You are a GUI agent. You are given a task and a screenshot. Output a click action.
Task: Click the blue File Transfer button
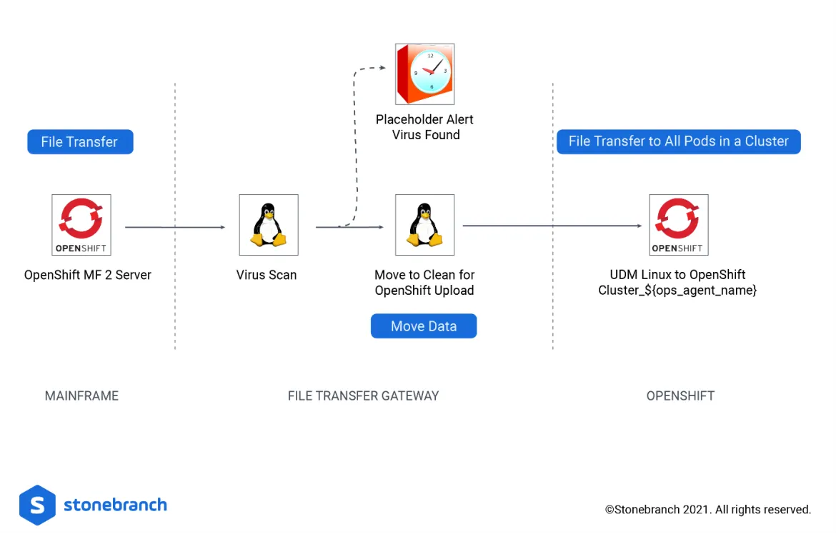click(x=80, y=141)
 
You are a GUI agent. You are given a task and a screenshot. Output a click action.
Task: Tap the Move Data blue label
click(x=423, y=326)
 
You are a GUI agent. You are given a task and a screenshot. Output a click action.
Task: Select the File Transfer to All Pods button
click(x=678, y=141)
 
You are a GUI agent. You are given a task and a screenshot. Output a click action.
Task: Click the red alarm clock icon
click(x=424, y=74)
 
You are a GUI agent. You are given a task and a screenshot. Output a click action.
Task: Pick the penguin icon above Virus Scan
click(x=268, y=225)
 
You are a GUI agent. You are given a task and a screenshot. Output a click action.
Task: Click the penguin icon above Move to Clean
click(x=424, y=225)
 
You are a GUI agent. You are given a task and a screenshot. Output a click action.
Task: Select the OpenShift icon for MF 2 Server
click(x=81, y=225)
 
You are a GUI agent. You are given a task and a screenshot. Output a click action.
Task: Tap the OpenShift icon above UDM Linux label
click(x=678, y=225)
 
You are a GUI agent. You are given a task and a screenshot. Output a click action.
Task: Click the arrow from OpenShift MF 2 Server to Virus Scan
click(x=174, y=228)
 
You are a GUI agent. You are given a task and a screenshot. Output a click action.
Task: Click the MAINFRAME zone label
click(x=81, y=396)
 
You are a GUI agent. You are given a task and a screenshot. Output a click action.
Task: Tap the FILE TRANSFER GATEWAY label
click(x=363, y=396)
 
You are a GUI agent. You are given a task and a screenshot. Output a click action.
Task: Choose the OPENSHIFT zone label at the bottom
click(x=680, y=396)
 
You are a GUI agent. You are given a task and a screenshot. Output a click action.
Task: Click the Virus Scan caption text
click(x=267, y=275)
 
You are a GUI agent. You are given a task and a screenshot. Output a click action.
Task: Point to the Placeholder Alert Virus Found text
click(x=425, y=127)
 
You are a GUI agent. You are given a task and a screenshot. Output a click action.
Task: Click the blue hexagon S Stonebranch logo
click(x=37, y=505)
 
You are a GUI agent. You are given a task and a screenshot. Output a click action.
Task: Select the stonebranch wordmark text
click(x=115, y=505)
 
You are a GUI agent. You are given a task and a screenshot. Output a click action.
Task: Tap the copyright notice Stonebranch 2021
click(x=707, y=510)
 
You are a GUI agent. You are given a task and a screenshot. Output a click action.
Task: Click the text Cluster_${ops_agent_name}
click(x=677, y=291)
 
